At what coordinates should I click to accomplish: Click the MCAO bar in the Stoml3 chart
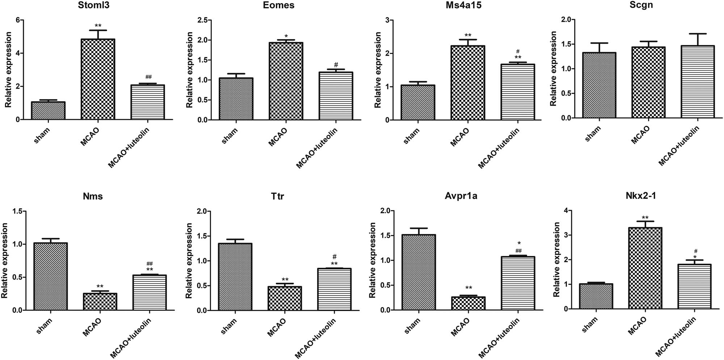pyautogui.click(x=98, y=79)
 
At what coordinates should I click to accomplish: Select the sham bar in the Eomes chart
pyautogui.click(x=236, y=99)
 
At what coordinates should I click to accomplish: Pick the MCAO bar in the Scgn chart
pyautogui.click(x=648, y=82)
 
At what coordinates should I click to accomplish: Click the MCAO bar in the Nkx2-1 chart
pyautogui.click(x=645, y=268)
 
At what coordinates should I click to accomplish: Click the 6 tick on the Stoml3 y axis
pyautogui.click(x=17, y=20)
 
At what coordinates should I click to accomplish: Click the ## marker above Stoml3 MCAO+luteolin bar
pyautogui.click(x=148, y=77)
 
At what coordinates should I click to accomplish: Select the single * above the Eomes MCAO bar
pyautogui.click(x=286, y=36)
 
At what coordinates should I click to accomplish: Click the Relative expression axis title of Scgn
pyautogui.click(x=553, y=68)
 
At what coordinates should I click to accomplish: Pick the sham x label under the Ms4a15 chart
pyautogui.click(x=412, y=135)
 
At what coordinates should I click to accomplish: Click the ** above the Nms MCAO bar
pyautogui.click(x=100, y=286)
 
